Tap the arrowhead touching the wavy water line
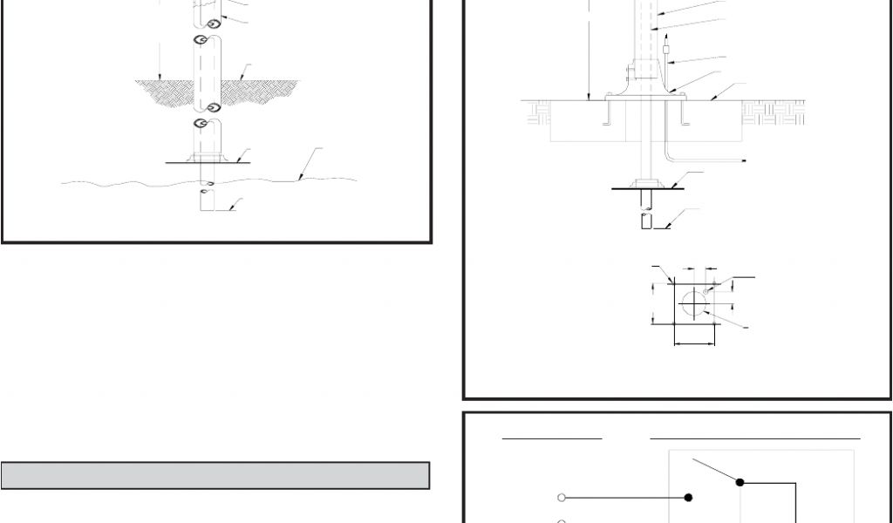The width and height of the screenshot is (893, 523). [298, 178]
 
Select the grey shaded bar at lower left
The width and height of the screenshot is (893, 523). [215, 475]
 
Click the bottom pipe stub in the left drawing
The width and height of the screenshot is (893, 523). [206, 200]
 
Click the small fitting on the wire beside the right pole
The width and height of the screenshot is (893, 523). [666, 51]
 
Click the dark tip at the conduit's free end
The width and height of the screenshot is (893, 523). [743, 161]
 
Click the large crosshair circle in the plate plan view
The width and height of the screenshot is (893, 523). [695, 302]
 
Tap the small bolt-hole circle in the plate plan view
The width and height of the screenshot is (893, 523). [706, 289]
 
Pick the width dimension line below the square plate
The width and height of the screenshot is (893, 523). [695, 343]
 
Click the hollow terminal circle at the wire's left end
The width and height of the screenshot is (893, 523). [562, 498]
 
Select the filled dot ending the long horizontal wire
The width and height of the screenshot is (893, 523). [689, 498]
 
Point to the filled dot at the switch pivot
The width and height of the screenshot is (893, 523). [740, 481]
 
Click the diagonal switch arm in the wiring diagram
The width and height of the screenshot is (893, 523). [715, 470]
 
